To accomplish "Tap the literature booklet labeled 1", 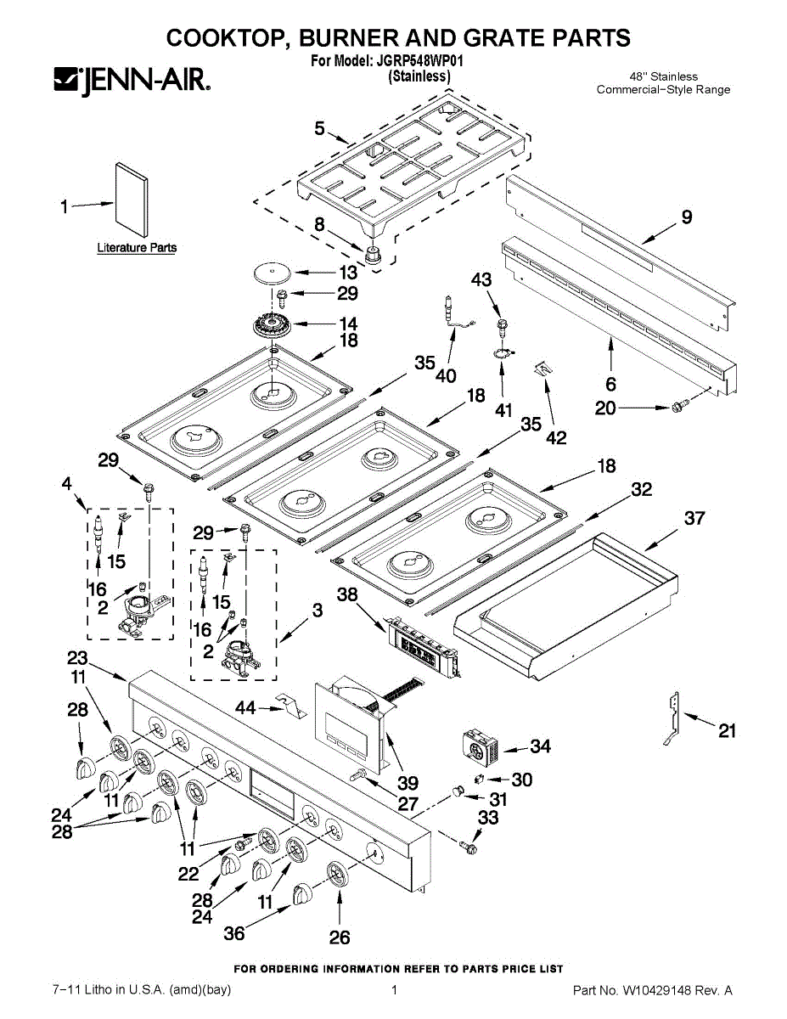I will click(130, 200).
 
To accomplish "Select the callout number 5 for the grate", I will click(319, 128).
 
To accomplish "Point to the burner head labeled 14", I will click(273, 325).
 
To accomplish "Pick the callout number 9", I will click(686, 217).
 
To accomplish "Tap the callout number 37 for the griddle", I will click(694, 517).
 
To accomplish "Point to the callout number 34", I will click(540, 746).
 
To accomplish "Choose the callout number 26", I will click(339, 937).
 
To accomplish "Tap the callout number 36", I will click(233, 933).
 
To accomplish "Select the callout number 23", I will click(77, 658).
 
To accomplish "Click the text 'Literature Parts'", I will click(137, 248).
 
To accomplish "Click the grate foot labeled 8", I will click(372, 252).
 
